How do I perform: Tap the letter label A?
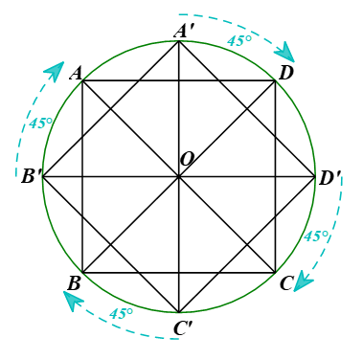[x=76, y=75]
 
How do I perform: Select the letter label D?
[x=285, y=74]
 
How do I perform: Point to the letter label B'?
[x=32, y=176]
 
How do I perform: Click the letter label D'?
[x=329, y=178]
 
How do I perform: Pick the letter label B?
[x=74, y=283]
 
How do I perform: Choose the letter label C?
[x=286, y=283]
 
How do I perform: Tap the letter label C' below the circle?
[x=183, y=328]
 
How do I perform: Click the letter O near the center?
[x=187, y=159]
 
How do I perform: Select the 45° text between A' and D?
[x=239, y=40]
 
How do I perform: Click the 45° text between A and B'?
[x=41, y=124]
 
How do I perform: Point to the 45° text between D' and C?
[x=316, y=236]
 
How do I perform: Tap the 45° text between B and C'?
[x=121, y=314]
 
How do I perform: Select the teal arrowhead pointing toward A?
[x=55, y=71]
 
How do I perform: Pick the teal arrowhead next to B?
[x=73, y=302]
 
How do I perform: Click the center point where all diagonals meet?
[x=178, y=176]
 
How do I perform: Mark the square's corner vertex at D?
[x=275, y=80]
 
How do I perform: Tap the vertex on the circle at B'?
[x=43, y=176]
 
